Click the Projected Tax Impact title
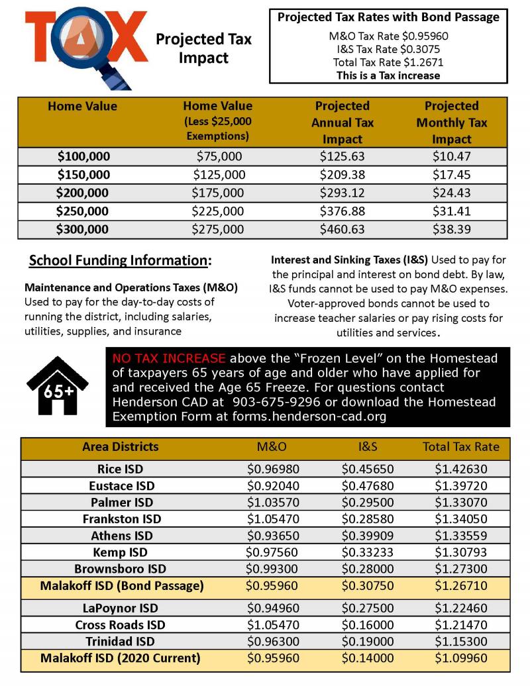203,49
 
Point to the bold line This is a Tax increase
388,75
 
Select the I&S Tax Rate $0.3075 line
388,49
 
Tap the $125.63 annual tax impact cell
343,157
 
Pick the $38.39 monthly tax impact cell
451,229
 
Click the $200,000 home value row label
83,193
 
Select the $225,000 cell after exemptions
218,211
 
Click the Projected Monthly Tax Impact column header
451,122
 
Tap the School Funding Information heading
120,260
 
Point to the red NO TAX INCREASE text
169,358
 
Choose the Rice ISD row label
120,469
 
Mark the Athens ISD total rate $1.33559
460,536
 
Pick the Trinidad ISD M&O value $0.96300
272,641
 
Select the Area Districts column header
120,446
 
